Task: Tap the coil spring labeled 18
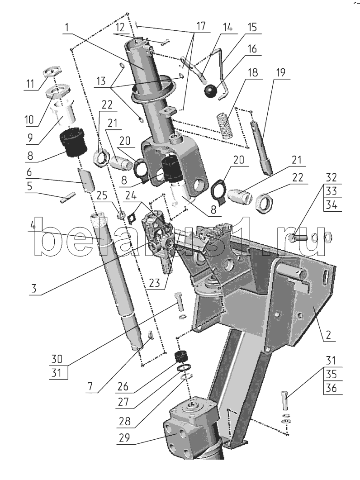[x=225, y=126]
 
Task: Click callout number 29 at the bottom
[x=124, y=437]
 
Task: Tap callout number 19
[x=280, y=72]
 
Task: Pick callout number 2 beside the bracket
[x=328, y=335]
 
